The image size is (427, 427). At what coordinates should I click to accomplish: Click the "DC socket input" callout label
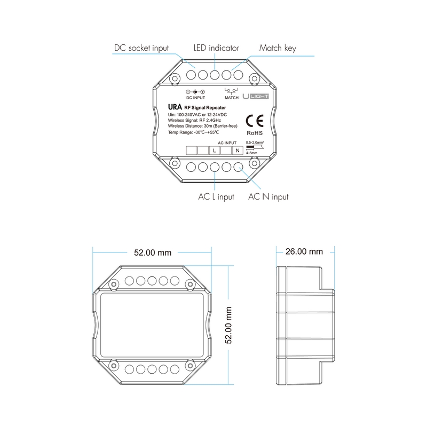click(x=141, y=48)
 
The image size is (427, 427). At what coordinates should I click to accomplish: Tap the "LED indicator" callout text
click(x=216, y=48)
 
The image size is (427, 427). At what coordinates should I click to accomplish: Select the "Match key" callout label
click(x=278, y=48)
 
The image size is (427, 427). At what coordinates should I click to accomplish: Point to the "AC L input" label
click(x=216, y=196)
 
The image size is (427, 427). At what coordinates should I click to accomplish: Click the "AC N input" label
click(x=268, y=196)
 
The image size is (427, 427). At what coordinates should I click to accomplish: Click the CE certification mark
click(x=255, y=121)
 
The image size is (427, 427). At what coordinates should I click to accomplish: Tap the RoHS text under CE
click(x=255, y=133)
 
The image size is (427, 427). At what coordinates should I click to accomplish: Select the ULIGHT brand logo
click(x=256, y=97)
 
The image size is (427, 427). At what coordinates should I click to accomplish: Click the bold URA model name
click(x=175, y=107)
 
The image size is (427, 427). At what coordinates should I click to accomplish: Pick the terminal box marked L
click(x=215, y=151)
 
